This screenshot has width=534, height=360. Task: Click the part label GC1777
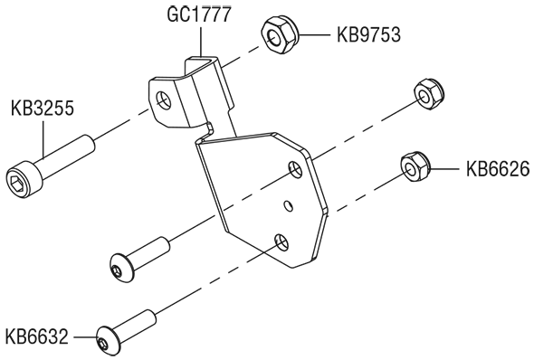pyautogui.click(x=199, y=14)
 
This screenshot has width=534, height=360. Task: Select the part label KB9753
pyautogui.click(x=369, y=34)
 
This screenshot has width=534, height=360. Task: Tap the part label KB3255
pyautogui.click(x=43, y=109)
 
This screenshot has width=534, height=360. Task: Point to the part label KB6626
pyautogui.click(x=498, y=169)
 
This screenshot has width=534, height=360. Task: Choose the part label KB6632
pyautogui.click(x=37, y=336)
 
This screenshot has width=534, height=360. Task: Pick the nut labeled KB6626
pyautogui.click(x=415, y=167)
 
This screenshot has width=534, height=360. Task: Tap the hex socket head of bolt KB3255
pyautogui.click(x=24, y=179)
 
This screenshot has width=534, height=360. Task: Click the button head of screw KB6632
pyautogui.click(x=109, y=341)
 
